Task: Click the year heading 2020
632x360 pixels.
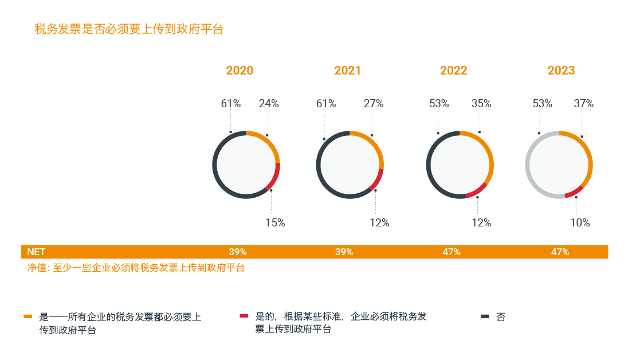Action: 240,71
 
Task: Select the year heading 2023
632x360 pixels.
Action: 561,71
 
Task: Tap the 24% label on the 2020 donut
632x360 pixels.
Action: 269,104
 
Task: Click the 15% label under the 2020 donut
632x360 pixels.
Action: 275,223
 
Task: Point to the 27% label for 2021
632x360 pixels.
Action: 374,104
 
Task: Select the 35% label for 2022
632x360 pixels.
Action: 481,104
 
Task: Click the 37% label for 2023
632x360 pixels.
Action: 584,104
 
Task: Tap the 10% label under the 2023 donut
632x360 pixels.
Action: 580,223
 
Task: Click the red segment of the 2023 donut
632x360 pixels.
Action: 574,193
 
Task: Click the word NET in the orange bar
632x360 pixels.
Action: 36,252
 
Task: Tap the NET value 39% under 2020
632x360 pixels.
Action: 238,252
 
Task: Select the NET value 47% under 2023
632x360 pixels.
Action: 560,252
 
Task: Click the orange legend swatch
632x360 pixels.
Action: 28,316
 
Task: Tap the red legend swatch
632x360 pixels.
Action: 244,316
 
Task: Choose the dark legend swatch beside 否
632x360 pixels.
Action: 485,316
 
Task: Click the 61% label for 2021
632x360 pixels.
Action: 326,104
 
